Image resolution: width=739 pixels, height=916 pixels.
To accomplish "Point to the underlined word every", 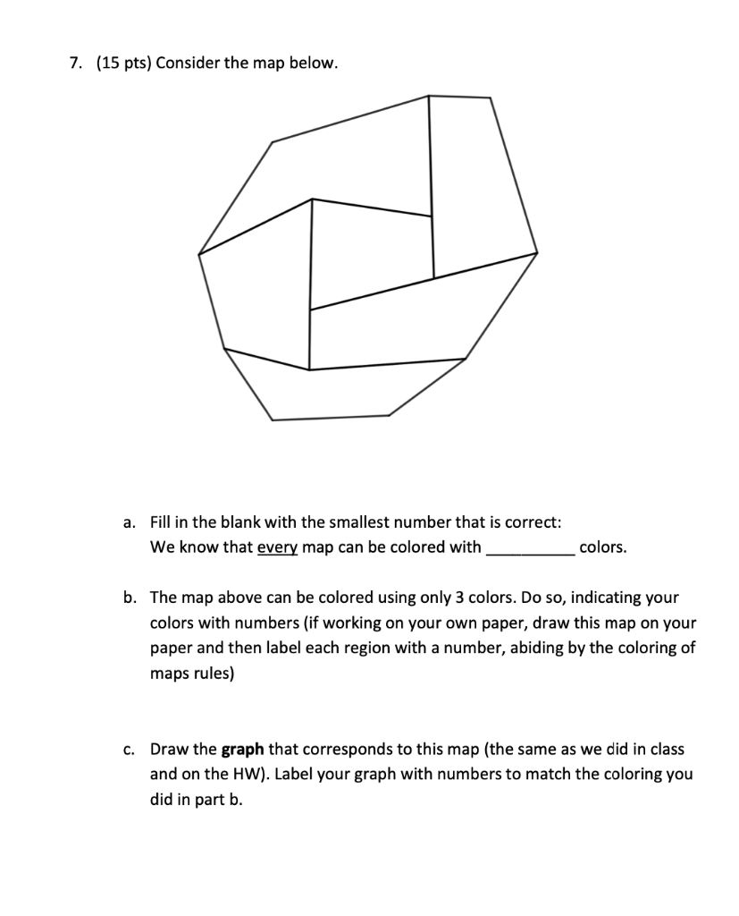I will [x=277, y=547].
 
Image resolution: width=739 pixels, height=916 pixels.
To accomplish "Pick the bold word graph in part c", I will [x=241, y=749].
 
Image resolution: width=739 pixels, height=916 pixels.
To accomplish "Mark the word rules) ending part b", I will [x=214, y=672].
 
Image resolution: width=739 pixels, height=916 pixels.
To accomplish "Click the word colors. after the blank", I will [x=603, y=547].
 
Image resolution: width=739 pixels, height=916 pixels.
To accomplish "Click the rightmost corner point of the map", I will [x=537, y=253].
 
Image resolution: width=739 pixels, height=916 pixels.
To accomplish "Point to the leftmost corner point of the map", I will [x=198, y=253].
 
